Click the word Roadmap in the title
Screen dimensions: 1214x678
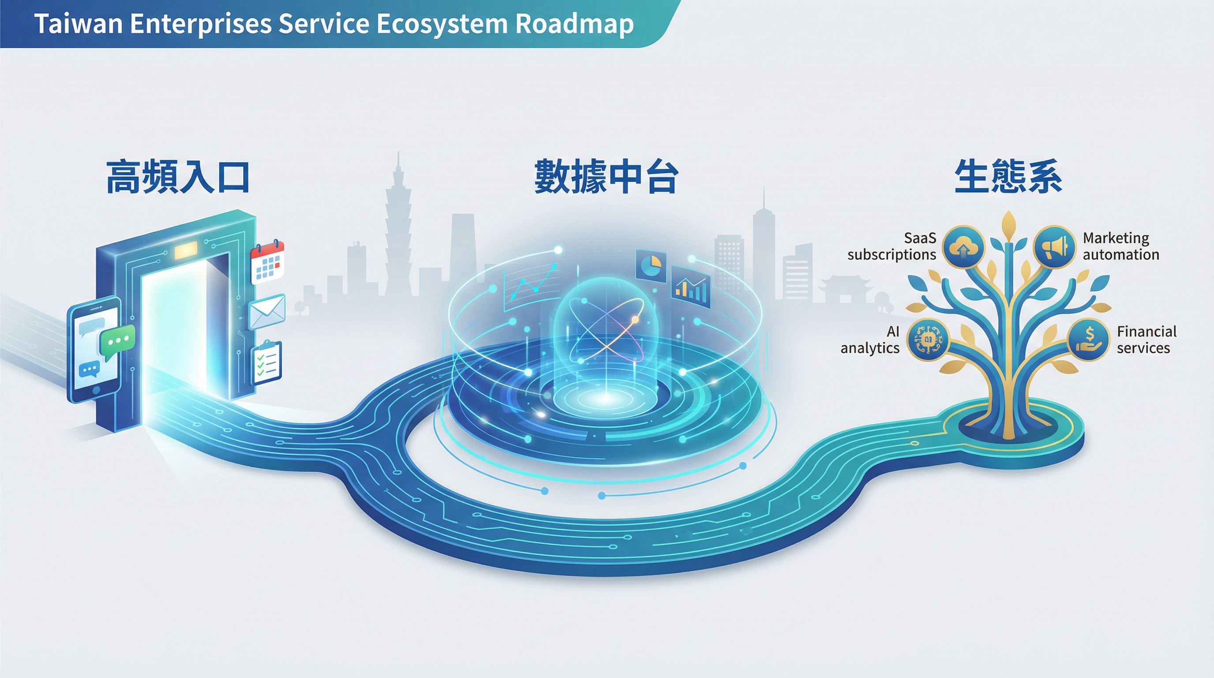(x=574, y=25)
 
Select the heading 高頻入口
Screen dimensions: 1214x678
(x=178, y=177)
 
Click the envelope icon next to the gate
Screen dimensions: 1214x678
(x=267, y=312)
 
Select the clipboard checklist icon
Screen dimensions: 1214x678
(x=266, y=362)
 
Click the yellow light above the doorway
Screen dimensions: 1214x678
(x=186, y=250)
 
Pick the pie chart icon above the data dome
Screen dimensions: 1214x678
(x=651, y=265)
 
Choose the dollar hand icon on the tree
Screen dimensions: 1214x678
(x=1088, y=339)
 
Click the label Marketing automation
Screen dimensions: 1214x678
(x=1120, y=246)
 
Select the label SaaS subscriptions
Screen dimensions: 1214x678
(x=892, y=246)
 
